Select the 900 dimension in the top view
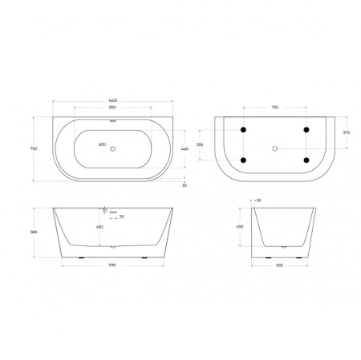(112, 107)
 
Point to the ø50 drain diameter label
(102, 144)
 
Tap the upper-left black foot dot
(244, 130)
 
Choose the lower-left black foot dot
(244, 160)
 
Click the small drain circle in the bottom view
(275, 148)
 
